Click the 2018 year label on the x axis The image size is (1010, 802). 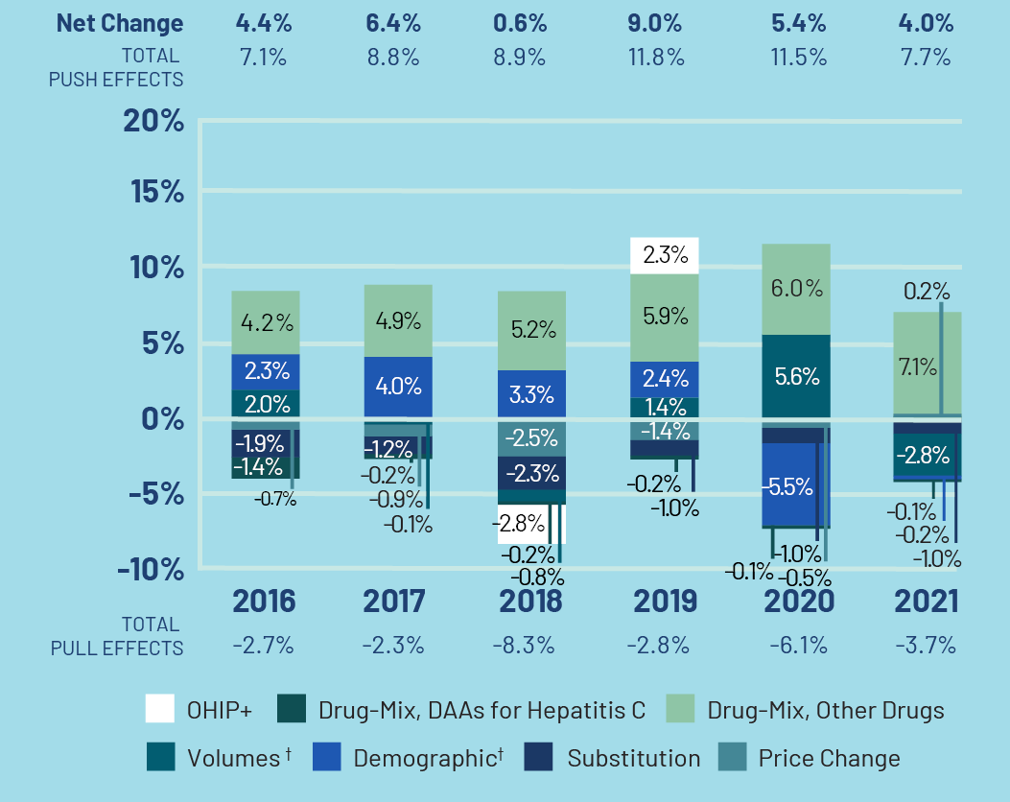tap(529, 601)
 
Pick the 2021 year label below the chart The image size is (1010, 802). tap(926, 601)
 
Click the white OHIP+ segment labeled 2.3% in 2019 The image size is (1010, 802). tap(664, 255)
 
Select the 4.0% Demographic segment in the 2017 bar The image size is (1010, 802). tap(398, 387)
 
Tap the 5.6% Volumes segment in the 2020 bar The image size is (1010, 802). tap(796, 376)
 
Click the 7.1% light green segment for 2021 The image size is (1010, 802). tap(916, 366)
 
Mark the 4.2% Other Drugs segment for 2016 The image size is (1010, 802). tap(266, 322)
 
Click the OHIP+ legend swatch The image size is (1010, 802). tap(159, 710)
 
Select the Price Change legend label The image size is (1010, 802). tap(829, 758)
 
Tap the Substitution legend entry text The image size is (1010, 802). tap(633, 758)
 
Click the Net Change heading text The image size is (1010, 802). tap(120, 22)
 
